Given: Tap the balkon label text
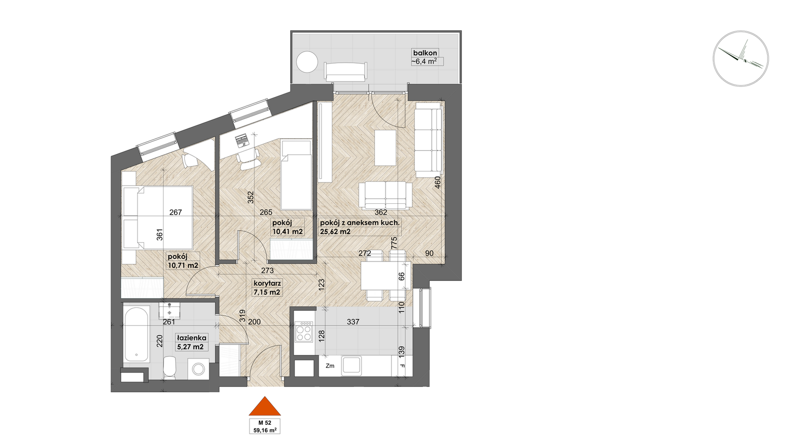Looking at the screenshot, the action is coord(425,53).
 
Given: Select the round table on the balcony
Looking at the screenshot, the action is coord(307,62).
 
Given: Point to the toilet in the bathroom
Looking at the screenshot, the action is coord(170,367).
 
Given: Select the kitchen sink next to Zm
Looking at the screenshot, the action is coord(351,366).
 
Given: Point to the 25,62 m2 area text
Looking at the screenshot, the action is coord(335,232).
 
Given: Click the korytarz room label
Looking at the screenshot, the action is coord(267,283).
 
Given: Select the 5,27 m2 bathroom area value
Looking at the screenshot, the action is coord(190,347).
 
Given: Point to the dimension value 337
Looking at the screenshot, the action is coord(353,322).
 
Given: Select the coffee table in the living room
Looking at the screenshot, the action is coord(386,148).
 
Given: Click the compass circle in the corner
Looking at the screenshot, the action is coord(741,59).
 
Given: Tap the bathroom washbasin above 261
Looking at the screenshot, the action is coord(170,311).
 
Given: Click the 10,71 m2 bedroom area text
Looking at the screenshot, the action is coord(183,265).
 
